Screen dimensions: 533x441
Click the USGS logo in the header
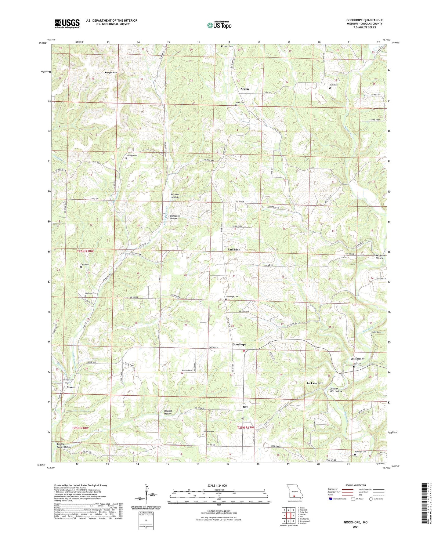click(67, 23)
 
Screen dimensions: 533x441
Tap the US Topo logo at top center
click(219, 25)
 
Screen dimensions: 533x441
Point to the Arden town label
click(244, 89)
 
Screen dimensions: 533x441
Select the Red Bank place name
click(234, 249)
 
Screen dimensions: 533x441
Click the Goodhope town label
click(239, 344)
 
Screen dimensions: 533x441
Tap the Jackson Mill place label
click(315, 383)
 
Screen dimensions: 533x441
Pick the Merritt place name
click(71, 387)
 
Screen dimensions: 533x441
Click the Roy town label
click(245, 407)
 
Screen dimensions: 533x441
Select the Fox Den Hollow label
click(175, 196)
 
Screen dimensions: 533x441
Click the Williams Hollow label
click(379, 256)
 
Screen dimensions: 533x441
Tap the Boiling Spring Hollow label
click(64, 445)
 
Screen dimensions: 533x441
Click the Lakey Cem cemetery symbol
click(222, 46)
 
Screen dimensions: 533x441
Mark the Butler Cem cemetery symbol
click(371, 335)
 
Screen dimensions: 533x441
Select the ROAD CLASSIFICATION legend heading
click(356, 485)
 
